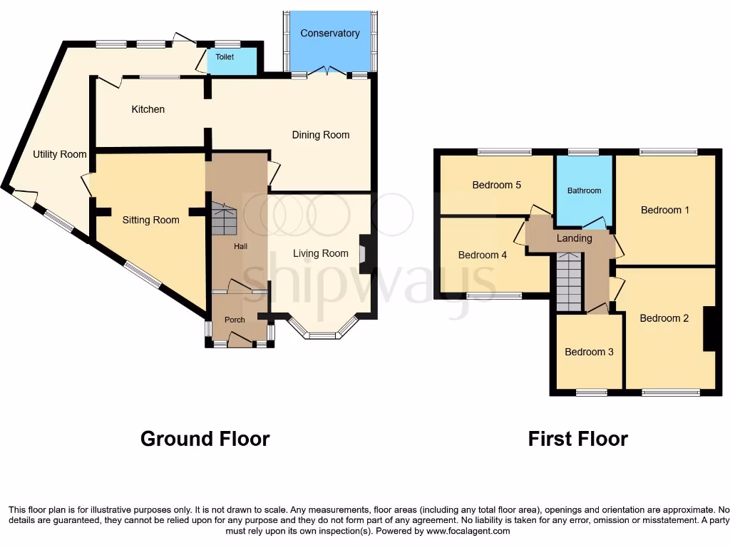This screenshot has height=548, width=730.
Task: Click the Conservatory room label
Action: [x=329, y=34]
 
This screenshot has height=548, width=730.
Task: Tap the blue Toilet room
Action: [x=232, y=61]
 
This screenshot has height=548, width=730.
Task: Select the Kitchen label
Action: [x=148, y=109]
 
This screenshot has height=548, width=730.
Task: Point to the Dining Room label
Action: [x=321, y=135]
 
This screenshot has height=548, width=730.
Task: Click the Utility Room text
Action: [x=60, y=154]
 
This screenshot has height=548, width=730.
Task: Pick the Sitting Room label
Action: [x=150, y=220]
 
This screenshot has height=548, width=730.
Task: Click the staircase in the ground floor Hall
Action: [x=223, y=218]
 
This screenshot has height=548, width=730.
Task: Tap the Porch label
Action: [x=235, y=320]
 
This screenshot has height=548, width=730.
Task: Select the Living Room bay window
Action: [x=323, y=330]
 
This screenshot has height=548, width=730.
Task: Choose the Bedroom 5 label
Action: [x=497, y=185]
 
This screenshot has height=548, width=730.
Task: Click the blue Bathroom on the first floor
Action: [x=584, y=191]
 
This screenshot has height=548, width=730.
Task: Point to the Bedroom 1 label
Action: [x=665, y=210]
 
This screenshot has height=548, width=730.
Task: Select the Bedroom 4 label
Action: [x=483, y=255]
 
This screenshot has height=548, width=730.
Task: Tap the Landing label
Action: [x=574, y=238]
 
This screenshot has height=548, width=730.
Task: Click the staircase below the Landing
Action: [x=568, y=285]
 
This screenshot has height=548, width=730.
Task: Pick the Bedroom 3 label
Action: [x=589, y=352]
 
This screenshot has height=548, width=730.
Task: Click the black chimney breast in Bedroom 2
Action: [x=709, y=328]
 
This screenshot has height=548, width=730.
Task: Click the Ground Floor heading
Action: [x=205, y=438]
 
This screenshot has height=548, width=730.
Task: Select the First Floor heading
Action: [x=577, y=438]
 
